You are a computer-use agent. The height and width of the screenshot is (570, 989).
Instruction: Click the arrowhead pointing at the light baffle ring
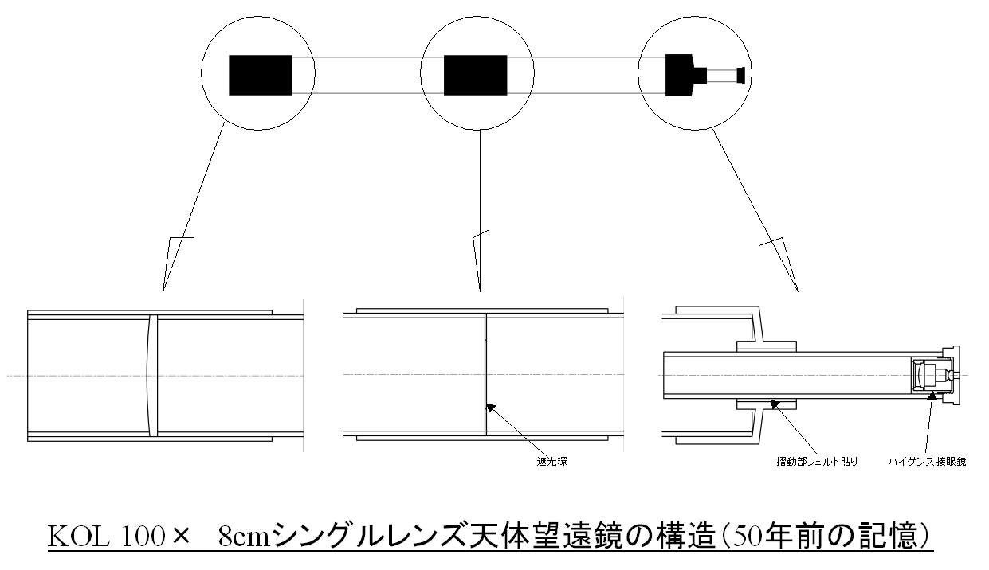(x=491, y=408)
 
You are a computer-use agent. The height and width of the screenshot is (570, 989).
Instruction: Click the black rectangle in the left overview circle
(x=261, y=75)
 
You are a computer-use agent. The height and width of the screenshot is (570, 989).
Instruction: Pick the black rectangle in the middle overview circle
(x=475, y=75)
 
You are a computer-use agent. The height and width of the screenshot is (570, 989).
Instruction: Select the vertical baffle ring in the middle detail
(x=485, y=376)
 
